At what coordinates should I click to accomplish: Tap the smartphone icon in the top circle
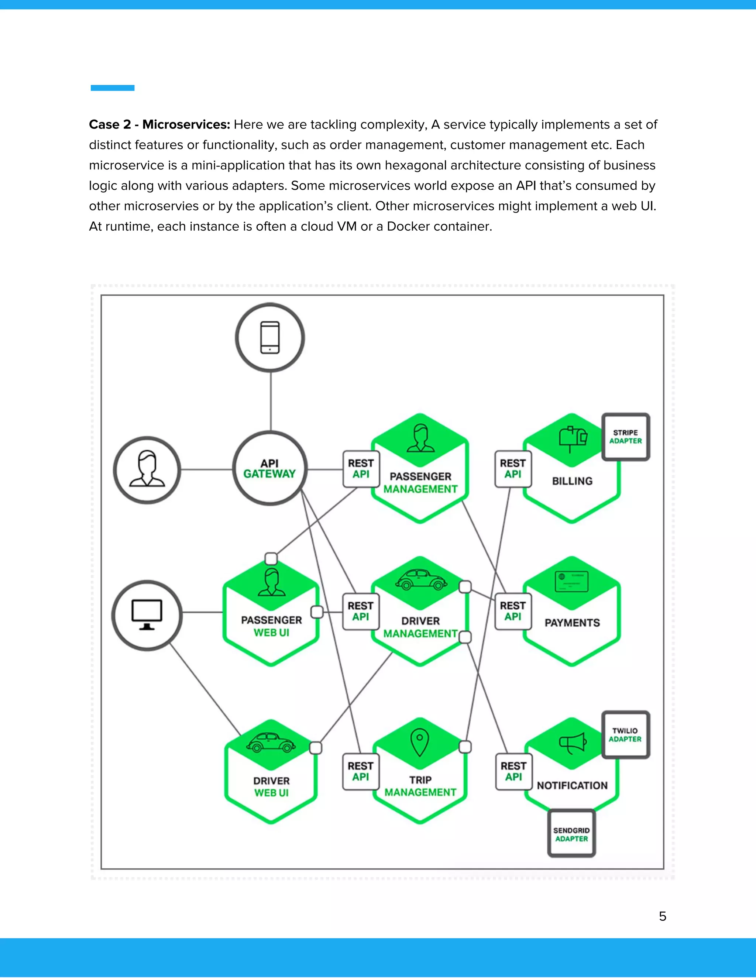pyautogui.click(x=270, y=337)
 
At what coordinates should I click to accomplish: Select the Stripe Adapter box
pyautogui.click(x=625, y=437)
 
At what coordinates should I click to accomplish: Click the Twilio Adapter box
pyautogui.click(x=625, y=735)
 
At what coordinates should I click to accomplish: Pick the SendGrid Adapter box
pyautogui.click(x=571, y=834)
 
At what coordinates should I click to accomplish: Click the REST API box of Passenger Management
pyautogui.click(x=361, y=468)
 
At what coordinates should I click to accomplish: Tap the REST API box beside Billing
pyautogui.click(x=513, y=468)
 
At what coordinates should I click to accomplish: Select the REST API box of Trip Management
pyautogui.click(x=361, y=772)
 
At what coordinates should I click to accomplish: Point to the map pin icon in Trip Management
pyautogui.click(x=420, y=742)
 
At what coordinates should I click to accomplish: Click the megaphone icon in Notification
pyautogui.click(x=573, y=743)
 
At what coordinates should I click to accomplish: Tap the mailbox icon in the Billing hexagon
pyautogui.click(x=573, y=438)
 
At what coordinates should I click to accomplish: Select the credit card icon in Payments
pyautogui.click(x=571, y=582)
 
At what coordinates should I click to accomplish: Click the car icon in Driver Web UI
pyautogui.click(x=271, y=743)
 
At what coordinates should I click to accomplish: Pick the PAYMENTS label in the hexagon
pyautogui.click(x=572, y=623)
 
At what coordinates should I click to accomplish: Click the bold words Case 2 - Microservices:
pyautogui.click(x=159, y=124)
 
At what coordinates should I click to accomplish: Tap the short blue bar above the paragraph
pyautogui.click(x=113, y=88)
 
